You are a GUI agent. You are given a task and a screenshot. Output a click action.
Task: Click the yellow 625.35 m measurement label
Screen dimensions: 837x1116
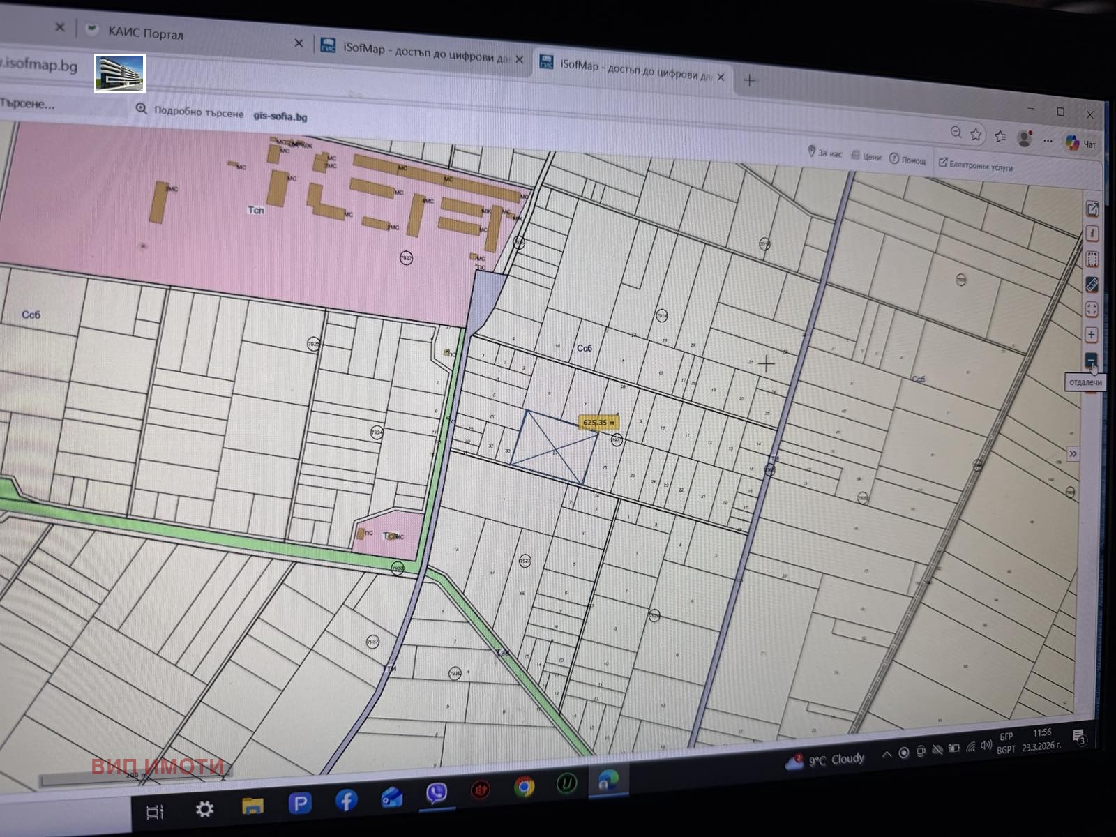coord(598,422)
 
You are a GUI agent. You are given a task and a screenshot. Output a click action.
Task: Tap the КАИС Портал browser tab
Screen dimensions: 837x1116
coord(145,33)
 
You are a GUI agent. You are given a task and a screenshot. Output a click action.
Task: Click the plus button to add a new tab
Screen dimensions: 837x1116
coord(749,80)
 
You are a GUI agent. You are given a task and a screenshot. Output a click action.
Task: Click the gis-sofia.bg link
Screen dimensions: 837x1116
coord(280,116)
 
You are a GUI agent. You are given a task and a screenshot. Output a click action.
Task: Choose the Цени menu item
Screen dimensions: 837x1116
coord(866,156)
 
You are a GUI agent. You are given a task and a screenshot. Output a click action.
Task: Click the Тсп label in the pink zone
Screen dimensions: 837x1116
coord(256,209)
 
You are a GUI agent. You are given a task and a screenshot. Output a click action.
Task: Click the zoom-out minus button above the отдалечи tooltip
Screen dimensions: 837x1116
coord(1091,360)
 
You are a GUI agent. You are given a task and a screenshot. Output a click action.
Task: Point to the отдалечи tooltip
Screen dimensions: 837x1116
coord(1085,382)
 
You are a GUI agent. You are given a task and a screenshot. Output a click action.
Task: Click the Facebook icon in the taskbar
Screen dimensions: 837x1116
coord(346,800)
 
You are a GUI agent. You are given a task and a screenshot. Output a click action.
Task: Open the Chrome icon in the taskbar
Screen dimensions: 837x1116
coord(524,787)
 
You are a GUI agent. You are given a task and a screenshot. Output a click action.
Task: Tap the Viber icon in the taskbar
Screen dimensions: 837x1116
coord(437,793)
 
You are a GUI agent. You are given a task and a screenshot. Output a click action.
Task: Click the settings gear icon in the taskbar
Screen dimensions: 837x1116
coord(204,808)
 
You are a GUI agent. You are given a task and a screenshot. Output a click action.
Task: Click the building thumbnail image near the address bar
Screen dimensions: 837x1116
coord(120,73)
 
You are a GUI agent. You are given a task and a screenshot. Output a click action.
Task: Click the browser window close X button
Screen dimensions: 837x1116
coord(1089,114)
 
